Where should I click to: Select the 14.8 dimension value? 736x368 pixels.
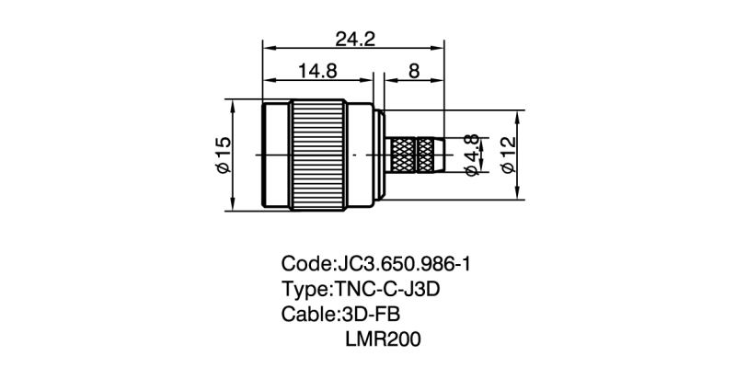coord(316,70)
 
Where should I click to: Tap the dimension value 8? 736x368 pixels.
coord(413,70)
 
